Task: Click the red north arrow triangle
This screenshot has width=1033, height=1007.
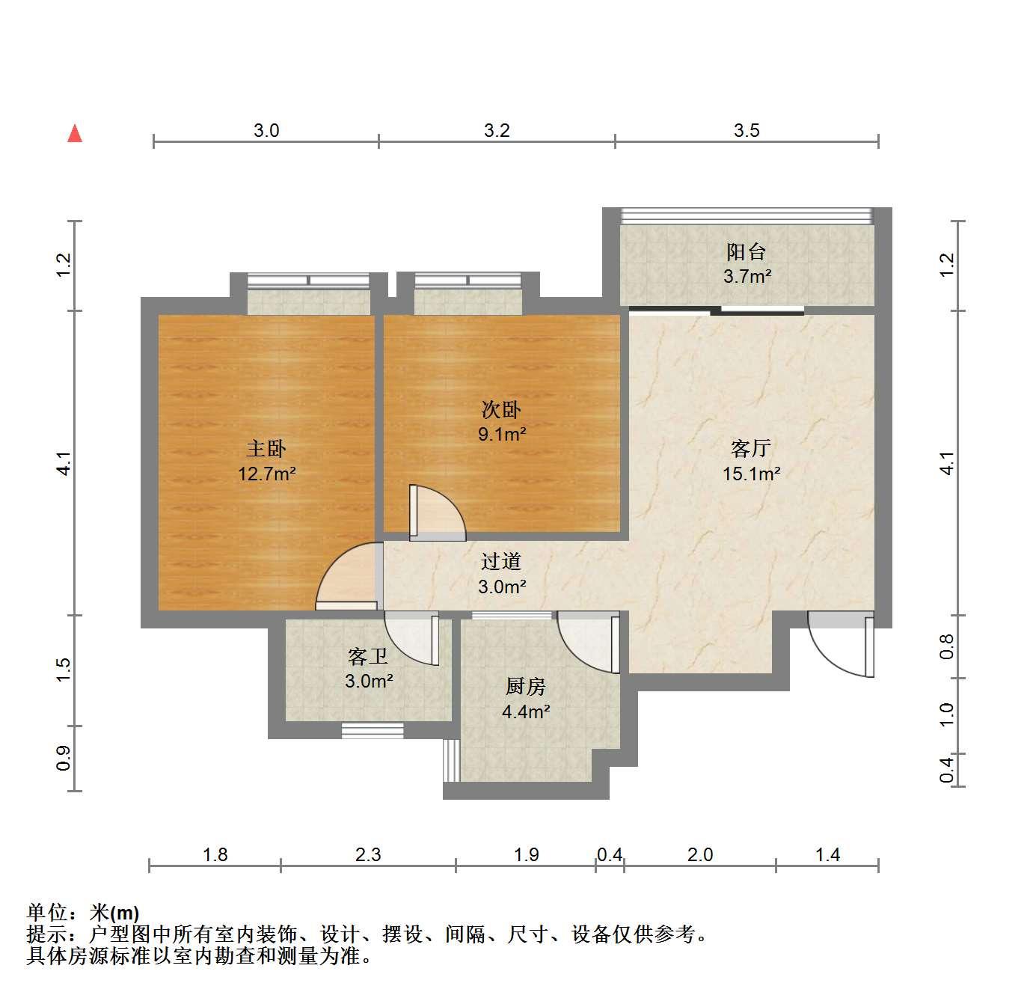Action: [75, 133]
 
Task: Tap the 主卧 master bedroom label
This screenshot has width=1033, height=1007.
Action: [266, 449]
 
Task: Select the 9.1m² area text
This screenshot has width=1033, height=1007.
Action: [502, 434]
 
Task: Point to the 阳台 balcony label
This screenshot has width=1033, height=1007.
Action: [747, 251]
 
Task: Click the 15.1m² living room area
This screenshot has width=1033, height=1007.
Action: [752, 474]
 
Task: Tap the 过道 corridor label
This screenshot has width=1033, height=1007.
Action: [501, 562]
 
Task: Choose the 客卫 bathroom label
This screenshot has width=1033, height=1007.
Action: [369, 657]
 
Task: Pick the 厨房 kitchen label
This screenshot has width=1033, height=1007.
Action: [526, 686]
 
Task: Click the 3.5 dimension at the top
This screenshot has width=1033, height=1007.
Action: [747, 131]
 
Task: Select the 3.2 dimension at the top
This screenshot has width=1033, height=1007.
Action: [497, 131]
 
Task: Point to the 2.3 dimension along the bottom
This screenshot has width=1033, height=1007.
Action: [368, 854]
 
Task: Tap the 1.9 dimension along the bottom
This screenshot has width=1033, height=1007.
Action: [526, 854]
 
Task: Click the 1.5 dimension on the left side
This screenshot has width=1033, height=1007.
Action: [63, 670]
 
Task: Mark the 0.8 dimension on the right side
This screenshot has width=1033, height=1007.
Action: [947, 646]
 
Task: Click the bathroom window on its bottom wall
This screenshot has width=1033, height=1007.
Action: [373, 730]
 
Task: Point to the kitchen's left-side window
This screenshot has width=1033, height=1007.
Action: [451, 760]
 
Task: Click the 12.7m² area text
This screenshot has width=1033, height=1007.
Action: [267, 474]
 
